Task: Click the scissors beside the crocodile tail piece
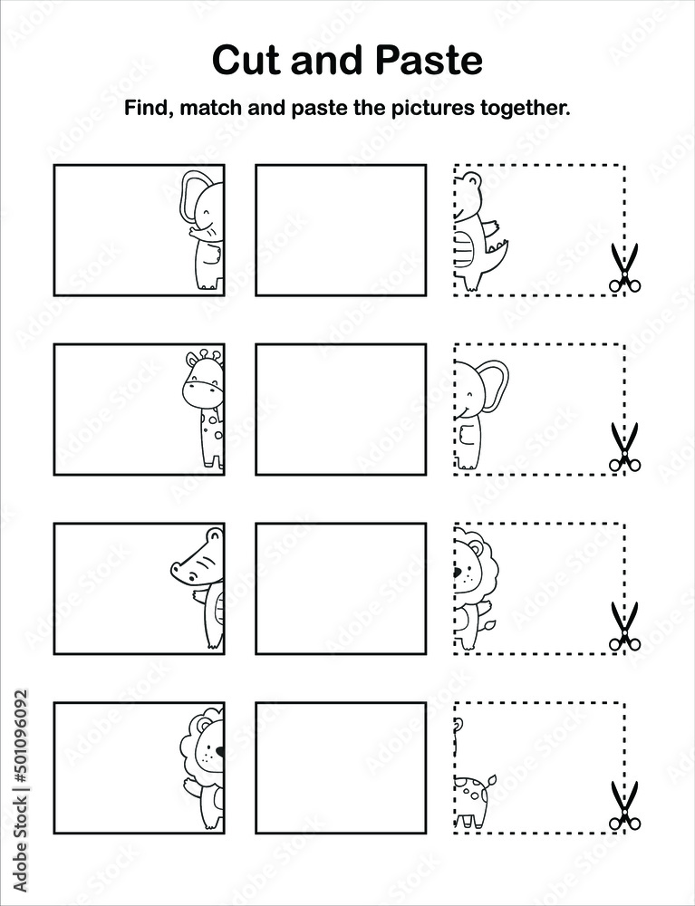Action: [623, 267]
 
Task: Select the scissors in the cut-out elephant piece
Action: [623, 447]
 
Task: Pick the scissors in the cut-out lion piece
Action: [623, 626]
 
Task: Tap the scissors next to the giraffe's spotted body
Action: [623, 805]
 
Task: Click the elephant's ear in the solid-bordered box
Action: [193, 198]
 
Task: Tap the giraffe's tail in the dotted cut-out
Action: [489, 779]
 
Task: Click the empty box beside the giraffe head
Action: [341, 409]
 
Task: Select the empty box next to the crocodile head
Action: [341, 588]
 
